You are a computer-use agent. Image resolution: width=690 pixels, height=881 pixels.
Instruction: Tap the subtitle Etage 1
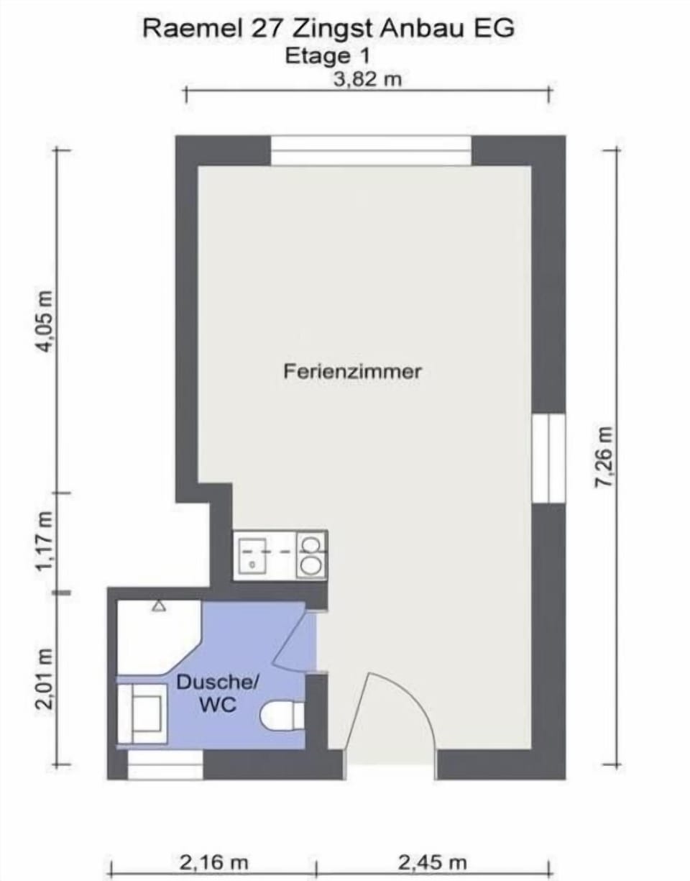[327, 56]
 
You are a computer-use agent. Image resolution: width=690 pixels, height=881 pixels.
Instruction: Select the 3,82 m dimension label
[367, 79]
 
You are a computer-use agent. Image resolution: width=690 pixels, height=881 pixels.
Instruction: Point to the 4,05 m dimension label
[45, 321]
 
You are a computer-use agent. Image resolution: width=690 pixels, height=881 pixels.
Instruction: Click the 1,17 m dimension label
[45, 540]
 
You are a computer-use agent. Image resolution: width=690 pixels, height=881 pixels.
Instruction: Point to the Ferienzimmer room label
[352, 371]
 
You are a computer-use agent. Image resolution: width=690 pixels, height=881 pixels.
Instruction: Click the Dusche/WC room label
[218, 693]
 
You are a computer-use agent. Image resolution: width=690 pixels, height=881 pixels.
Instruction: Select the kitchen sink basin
[252, 556]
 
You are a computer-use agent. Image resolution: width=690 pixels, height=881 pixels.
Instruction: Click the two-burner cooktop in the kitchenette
[311, 554]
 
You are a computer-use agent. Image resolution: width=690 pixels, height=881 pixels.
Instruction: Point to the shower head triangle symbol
[160, 606]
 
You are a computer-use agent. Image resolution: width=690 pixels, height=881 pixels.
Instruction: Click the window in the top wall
[371, 150]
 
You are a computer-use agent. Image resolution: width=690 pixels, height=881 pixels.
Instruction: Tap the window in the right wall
[548, 458]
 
